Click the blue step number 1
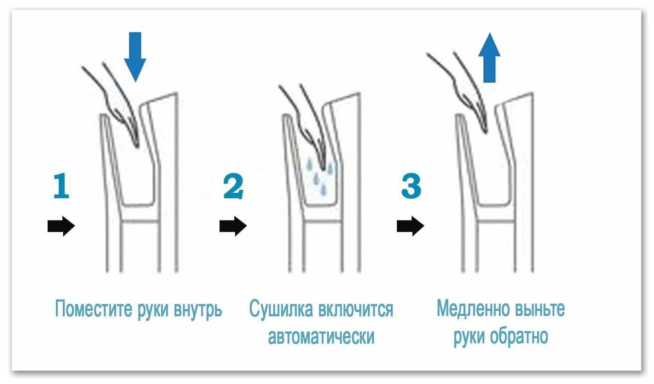click(x=61, y=186)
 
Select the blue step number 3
click(x=411, y=186)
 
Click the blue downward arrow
click(x=134, y=56)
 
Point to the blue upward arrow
click(x=490, y=58)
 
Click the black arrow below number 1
click(x=61, y=227)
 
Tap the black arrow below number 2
click(x=233, y=227)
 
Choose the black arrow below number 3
click(x=410, y=227)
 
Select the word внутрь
click(x=198, y=309)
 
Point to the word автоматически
click(x=321, y=337)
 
